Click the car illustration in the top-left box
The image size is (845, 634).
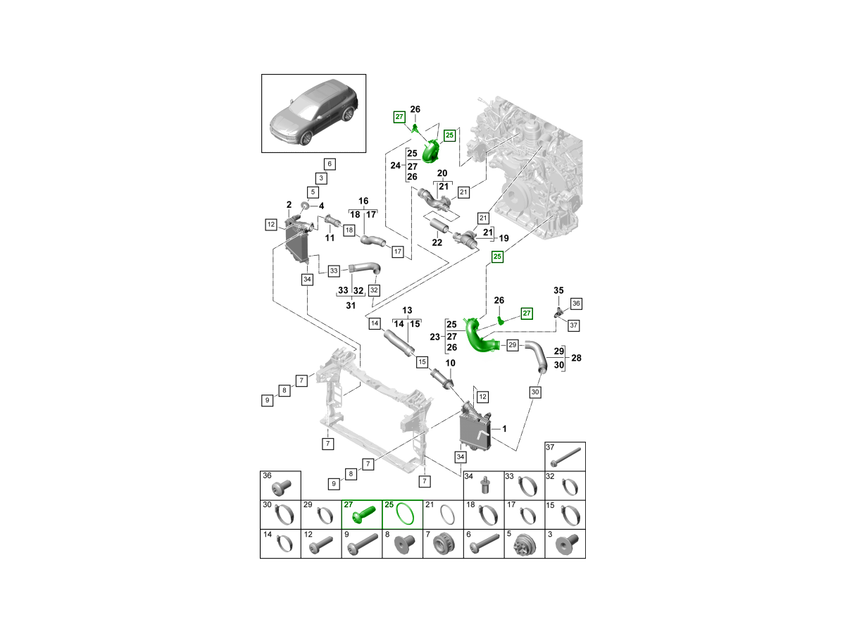point(313,114)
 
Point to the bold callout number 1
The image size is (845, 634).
point(504,428)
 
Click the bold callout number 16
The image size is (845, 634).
point(364,201)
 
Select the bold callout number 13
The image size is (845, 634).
point(406,311)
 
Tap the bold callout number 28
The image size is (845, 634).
point(577,358)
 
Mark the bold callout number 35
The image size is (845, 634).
point(558,290)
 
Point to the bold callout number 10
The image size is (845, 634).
point(450,363)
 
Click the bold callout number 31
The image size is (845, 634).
point(351,304)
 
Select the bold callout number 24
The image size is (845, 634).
point(396,166)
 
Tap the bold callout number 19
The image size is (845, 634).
point(503,239)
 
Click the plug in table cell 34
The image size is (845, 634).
point(484,485)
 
